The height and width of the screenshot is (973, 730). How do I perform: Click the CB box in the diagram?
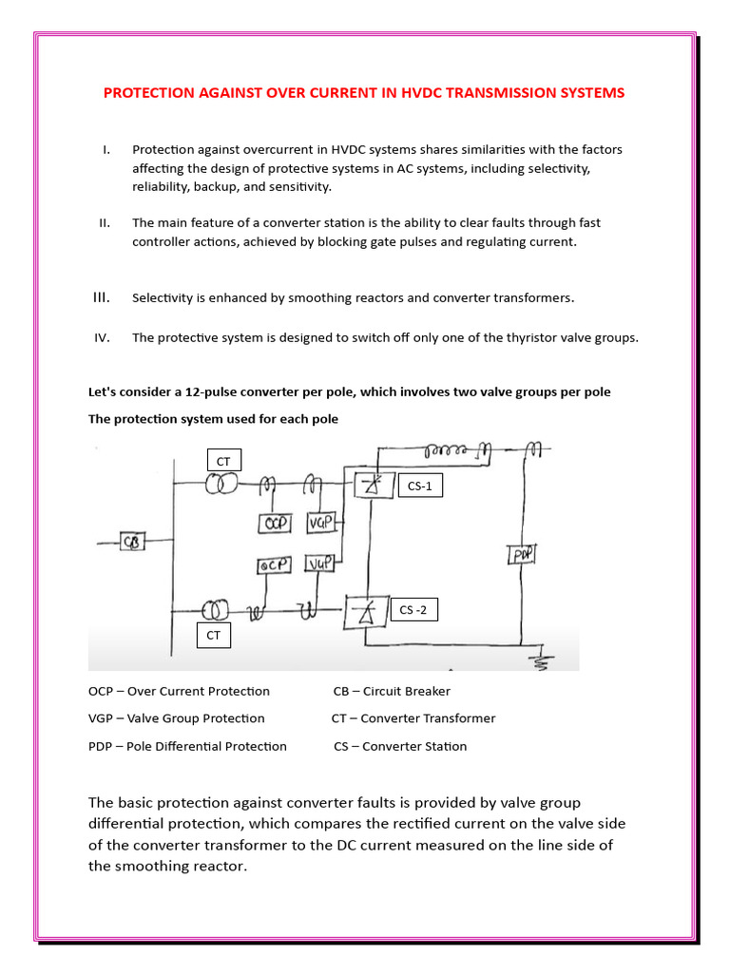(x=132, y=543)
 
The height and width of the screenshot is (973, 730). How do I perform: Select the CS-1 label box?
(x=420, y=486)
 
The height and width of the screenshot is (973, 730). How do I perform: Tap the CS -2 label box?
(x=413, y=610)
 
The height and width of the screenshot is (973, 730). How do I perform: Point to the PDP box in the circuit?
(x=521, y=554)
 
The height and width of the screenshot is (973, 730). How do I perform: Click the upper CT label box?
(x=223, y=461)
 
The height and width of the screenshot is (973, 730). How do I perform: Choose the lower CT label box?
(x=214, y=635)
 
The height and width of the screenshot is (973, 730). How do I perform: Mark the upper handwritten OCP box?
(x=275, y=523)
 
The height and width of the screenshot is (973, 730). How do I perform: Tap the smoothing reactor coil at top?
(x=453, y=448)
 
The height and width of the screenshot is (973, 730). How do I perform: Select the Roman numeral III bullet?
(x=102, y=297)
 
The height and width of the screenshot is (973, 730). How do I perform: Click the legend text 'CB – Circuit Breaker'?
(x=392, y=691)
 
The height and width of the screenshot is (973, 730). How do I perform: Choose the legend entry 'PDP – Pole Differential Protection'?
(x=187, y=746)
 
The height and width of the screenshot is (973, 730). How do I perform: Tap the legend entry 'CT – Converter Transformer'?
(x=413, y=718)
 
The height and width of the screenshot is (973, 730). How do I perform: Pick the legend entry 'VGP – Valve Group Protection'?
(x=177, y=718)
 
